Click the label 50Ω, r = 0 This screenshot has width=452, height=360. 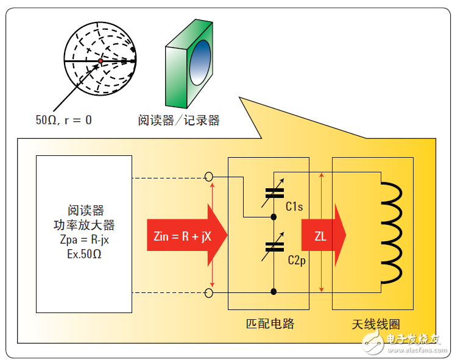click(63, 119)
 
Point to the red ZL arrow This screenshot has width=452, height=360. click(323, 236)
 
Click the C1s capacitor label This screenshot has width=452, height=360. click(294, 207)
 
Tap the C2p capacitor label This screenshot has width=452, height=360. click(296, 260)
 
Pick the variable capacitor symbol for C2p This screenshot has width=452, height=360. click(274, 246)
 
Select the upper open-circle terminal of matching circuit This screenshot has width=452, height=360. click(209, 177)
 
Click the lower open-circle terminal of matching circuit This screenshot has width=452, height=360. click(209, 294)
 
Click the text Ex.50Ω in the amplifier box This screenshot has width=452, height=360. click(84, 252)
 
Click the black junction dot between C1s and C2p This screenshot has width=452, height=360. click(274, 216)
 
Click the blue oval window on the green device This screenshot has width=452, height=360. click(197, 63)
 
